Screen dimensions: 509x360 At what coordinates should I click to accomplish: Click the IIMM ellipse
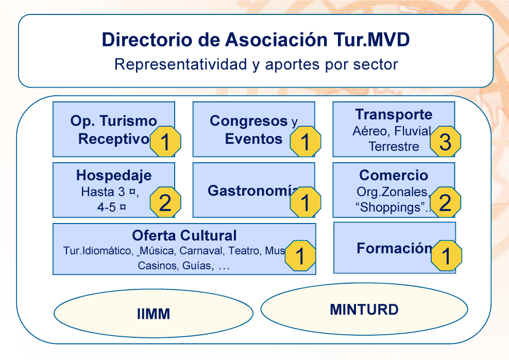click(154, 314)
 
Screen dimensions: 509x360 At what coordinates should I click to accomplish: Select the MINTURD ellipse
click(364, 310)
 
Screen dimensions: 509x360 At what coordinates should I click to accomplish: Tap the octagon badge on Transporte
click(445, 142)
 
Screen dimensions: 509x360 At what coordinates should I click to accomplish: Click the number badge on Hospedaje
click(165, 202)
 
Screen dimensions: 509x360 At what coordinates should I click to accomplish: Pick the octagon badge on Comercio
click(445, 202)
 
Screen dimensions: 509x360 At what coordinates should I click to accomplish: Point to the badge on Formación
click(446, 255)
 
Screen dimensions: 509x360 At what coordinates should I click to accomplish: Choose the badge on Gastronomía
click(306, 202)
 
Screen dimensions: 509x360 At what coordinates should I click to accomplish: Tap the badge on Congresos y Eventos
click(306, 142)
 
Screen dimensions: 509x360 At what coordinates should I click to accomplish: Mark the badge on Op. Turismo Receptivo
click(165, 142)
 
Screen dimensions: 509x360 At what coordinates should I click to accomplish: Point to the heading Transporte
click(394, 114)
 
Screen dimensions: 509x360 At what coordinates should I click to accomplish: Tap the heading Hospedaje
click(114, 175)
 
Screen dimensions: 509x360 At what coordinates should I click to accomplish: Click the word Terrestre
click(394, 147)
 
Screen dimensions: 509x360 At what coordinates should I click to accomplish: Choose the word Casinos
click(153, 266)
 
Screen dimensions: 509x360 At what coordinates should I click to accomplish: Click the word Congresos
click(248, 121)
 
